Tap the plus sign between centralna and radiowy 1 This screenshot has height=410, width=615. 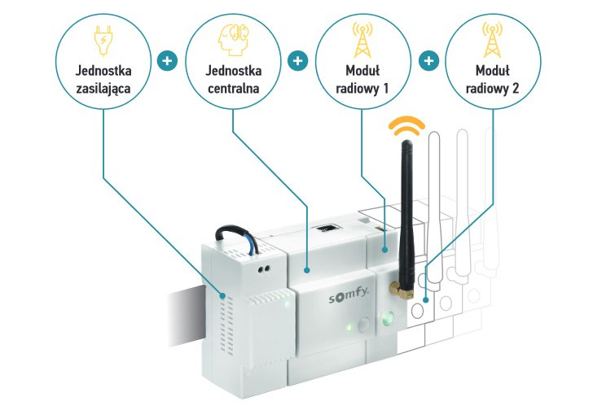(297, 61)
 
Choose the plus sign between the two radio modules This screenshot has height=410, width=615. (429, 61)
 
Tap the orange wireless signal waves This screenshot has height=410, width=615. (405, 125)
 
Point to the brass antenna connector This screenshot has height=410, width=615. (398, 286)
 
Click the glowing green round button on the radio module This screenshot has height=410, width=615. (387, 317)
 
